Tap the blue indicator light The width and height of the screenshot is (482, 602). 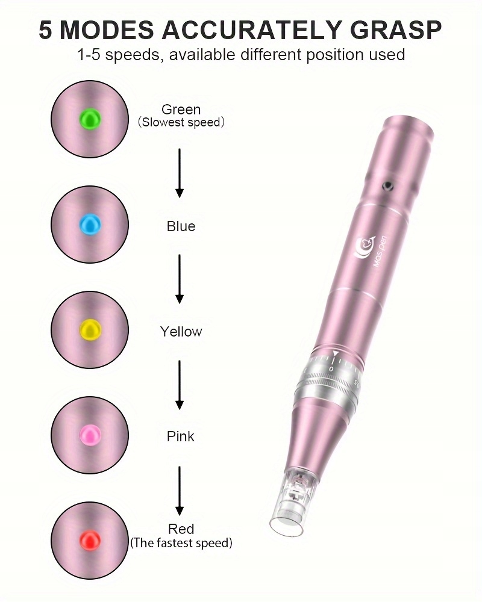tap(90, 224)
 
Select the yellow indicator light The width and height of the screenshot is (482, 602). tap(90, 329)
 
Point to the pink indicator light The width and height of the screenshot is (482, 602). tap(90, 434)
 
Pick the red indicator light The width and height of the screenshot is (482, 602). tap(90, 538)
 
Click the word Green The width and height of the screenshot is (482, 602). tap(181, 110)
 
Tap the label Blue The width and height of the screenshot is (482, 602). tap(181, 226)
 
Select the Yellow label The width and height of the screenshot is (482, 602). tap(181, 332)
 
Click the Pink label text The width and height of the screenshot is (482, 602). tap(181, 436)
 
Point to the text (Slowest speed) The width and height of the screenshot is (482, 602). tap(181, 123)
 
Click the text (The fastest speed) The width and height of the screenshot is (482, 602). tap(181, 543)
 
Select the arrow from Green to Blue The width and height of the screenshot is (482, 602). tap(180, 173)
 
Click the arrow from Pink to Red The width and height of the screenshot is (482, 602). tap(180, 488)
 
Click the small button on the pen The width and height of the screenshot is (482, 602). tap(389, 184)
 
